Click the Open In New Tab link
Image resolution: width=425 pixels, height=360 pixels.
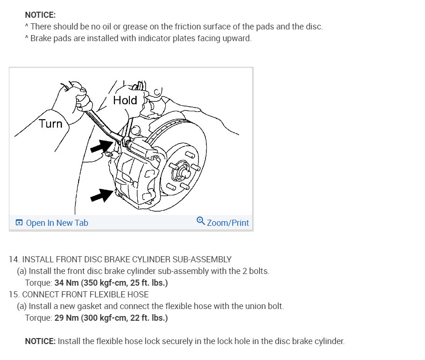tap(57, 223)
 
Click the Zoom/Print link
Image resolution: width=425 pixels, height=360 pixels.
tap(227, 223)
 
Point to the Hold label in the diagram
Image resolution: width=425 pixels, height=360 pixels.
tap(125, 100)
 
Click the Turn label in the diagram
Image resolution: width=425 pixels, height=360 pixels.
tap(50, 124)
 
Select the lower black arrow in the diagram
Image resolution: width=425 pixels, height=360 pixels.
tap(101, 195)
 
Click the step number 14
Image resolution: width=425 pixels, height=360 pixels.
tap(14, 259)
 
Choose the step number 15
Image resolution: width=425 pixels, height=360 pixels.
tap(14, 295)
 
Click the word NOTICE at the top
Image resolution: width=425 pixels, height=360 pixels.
tap(40, 15)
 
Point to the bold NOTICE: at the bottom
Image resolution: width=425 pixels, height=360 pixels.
tap(40, 341)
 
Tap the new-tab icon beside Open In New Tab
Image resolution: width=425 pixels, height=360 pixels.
tap(19, 223)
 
